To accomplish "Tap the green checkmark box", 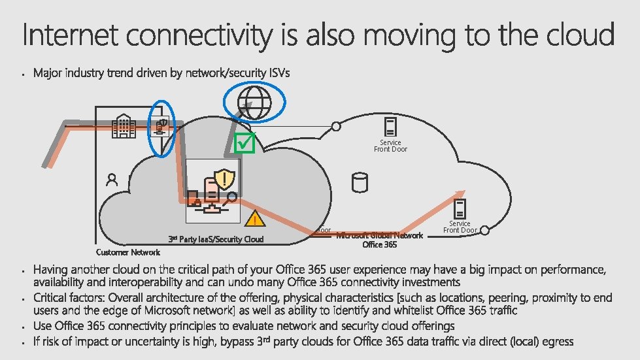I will (244, 143).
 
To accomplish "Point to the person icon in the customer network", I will (112, 180).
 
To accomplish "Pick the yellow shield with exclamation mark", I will (225, 178).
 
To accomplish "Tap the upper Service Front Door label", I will (390, 146).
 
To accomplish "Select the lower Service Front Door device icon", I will (460, 209).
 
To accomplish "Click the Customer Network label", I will (127, 252).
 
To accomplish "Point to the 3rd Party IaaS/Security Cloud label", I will (216, 239).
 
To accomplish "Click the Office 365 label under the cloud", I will (380, 244).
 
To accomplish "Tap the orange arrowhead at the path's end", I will (460, 194).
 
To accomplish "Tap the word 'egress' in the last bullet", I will (558, 340).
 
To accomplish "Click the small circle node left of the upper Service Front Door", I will (336, 126).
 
